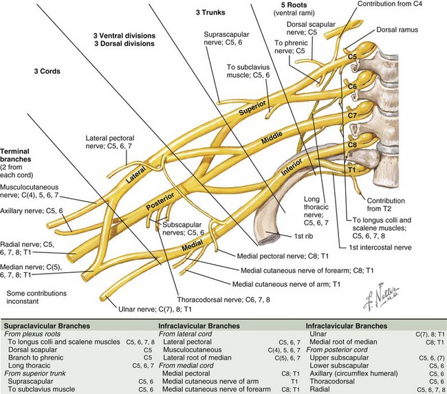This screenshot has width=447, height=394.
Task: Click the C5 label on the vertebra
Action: pyautogui.click(x=353, y=56)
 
